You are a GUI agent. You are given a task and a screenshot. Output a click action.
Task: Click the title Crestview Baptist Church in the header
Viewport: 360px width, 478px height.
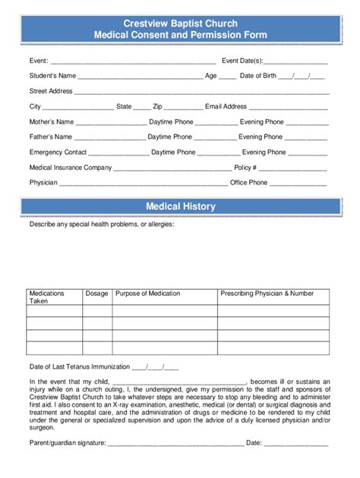[180, 24]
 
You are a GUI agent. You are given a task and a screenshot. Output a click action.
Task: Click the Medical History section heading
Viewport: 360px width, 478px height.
[180, 206]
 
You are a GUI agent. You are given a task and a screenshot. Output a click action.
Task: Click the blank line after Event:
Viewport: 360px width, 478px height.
[134, 61]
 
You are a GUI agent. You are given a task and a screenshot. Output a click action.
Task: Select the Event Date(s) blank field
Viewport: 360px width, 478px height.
[296, 61]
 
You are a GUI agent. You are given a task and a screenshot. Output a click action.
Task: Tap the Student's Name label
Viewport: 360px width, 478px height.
[52, 76]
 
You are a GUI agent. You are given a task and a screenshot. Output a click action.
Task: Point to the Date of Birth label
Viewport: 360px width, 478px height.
[257, 76]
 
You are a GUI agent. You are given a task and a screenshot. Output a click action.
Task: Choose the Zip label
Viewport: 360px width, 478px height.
[157, 107]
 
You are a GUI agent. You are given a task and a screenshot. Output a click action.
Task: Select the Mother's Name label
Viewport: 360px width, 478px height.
[52, 121]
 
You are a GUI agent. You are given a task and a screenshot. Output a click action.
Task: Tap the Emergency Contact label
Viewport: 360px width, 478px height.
[58, 152]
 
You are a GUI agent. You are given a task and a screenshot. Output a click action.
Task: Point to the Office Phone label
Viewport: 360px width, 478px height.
[248, 183]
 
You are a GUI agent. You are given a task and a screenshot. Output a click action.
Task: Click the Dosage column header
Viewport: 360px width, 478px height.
[96, 293]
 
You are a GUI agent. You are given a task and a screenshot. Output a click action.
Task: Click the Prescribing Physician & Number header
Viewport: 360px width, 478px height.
[267, 293]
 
